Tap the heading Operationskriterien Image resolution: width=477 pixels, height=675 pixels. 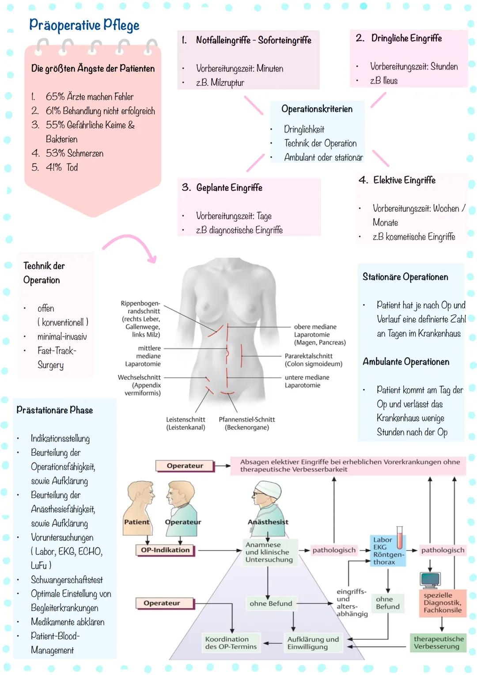(x=317, y=109)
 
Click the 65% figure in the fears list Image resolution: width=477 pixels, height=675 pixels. (x=55, y=97)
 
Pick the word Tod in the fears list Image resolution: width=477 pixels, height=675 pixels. (x=72, y=168)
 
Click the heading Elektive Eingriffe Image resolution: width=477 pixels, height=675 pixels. (x=404, y=180)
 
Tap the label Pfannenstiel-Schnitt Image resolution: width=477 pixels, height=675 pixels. (x=246, y=419)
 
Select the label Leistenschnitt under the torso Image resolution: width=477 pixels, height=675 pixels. (x=185, y=419)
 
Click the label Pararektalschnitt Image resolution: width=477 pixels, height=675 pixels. (x=308, y=356)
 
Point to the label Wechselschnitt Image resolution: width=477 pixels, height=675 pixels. (x=139, y=378)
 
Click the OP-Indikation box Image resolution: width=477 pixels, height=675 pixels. (x=165, y=550)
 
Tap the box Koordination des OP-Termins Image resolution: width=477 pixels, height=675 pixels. (x=231, y=643)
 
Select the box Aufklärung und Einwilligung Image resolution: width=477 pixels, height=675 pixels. (x=313, y=643)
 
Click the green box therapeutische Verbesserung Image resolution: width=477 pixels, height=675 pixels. (x=439, y=643)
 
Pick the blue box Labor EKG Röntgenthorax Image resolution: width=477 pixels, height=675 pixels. (x=387, y=551)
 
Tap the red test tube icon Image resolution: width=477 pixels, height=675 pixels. (x=400, y=537)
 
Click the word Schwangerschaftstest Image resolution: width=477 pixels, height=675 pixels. (x=67, y=580)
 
